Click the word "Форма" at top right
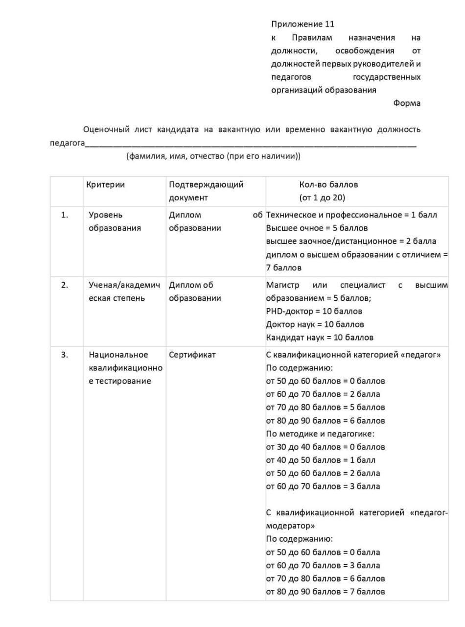point(406,103)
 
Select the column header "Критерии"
point(105,185)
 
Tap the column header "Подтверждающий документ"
point(206,191)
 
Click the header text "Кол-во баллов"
point(328,185)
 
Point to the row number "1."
point(65,215)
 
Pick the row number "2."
point(65,285)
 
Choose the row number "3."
point(65,355)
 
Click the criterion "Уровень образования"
point(115,221)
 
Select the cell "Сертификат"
point(192,355)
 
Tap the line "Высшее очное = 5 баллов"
point(317,228)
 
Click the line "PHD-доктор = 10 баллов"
point(314,311)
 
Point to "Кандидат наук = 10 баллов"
point(320,338)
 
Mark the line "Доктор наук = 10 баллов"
point(315,324)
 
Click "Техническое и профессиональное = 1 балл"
point(351,215)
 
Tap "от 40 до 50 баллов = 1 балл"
point(321,460)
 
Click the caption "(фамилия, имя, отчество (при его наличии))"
point(213,157)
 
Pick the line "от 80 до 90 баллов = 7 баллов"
point(325,592)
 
